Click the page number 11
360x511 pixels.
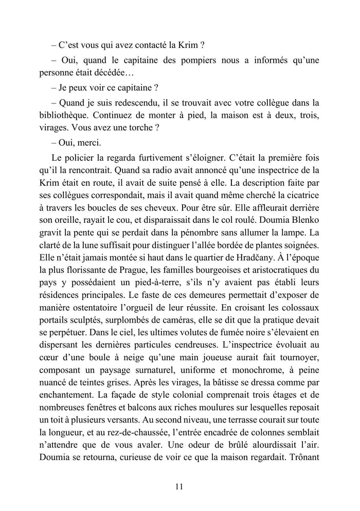(179, 486)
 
